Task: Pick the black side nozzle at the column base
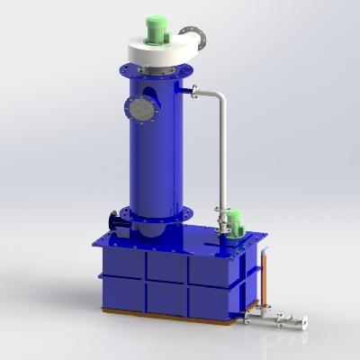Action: pos(114,221)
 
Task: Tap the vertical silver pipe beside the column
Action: pos(221,153)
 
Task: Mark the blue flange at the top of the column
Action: pos(158,72)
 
